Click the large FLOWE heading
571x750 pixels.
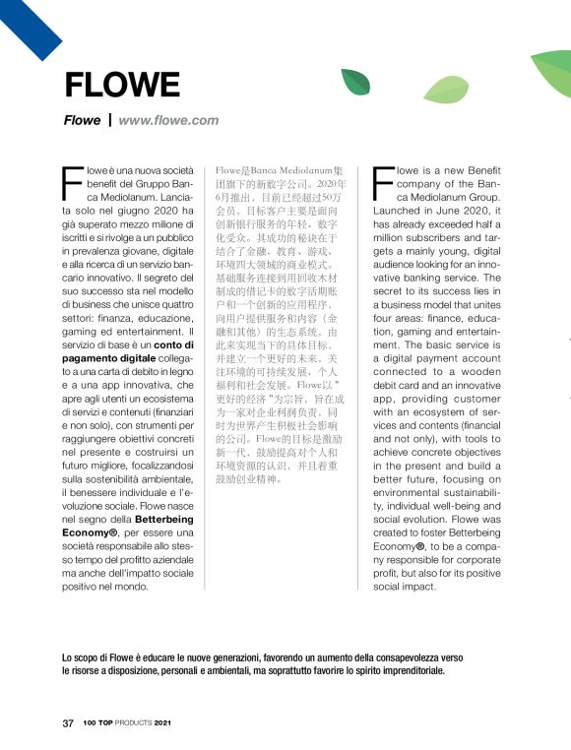click(x=108, y=86)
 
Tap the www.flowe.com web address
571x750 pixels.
click(x=168, y=120)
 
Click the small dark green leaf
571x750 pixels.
click(x=355, y=81)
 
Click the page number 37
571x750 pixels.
click(x=68, y=723)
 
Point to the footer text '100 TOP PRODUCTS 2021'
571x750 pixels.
click(x=127, y=723)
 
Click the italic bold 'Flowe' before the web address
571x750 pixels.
click(x=82, y=120)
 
